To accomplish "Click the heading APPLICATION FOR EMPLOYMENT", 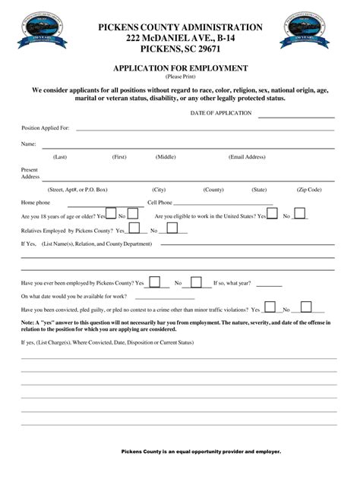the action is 180,68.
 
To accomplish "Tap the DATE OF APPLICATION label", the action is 221,112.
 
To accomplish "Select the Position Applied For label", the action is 46,127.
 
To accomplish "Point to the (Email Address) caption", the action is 247,156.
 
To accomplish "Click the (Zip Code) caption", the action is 309,189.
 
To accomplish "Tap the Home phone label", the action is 36,203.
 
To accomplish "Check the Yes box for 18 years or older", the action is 111,215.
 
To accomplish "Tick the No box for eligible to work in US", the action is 299,215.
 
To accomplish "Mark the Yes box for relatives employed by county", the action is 134,228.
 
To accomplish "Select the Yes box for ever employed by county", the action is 155,282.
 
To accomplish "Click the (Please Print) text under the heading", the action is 180,77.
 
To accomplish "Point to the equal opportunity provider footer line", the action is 201,451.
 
